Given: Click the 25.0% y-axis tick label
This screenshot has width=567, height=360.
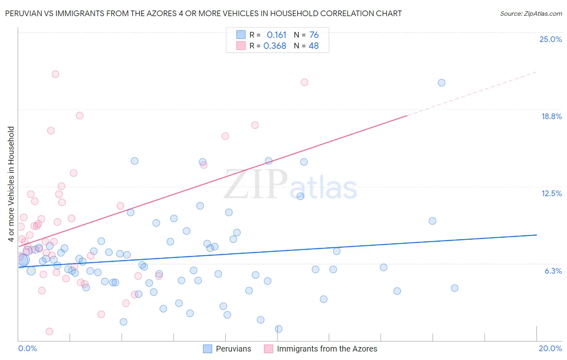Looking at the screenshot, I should click(550, 39).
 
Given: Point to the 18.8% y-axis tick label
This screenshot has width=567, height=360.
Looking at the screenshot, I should click(551, 116).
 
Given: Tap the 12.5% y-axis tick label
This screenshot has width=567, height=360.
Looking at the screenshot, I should click(551, 193).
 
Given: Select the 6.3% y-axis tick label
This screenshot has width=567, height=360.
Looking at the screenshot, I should click(553, 271).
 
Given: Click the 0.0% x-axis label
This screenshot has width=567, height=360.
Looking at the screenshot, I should click(27, 348).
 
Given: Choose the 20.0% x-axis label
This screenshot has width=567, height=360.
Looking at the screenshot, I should click(550, 348).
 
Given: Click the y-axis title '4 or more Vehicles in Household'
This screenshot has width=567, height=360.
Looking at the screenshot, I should click(11, 184).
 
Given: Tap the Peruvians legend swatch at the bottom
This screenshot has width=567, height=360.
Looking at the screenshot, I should click(207, 349).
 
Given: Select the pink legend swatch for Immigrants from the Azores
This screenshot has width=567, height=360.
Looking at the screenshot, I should click(269, 349).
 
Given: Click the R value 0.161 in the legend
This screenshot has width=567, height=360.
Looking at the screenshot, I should click(276, 35).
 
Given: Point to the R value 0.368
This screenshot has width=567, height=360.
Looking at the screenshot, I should click(275, 46).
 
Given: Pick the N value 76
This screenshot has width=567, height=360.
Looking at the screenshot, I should click(314, 35).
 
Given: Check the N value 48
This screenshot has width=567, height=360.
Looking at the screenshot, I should click(313, 46).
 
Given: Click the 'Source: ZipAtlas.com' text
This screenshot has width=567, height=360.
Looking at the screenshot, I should click(531, 13).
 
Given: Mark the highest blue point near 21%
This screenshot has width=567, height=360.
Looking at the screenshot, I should click(442, 83).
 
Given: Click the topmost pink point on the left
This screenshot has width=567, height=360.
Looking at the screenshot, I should click(55, 74).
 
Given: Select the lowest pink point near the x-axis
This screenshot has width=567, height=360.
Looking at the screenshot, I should click(49, 331).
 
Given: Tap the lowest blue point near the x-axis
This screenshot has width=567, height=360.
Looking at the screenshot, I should click(279, 329).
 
